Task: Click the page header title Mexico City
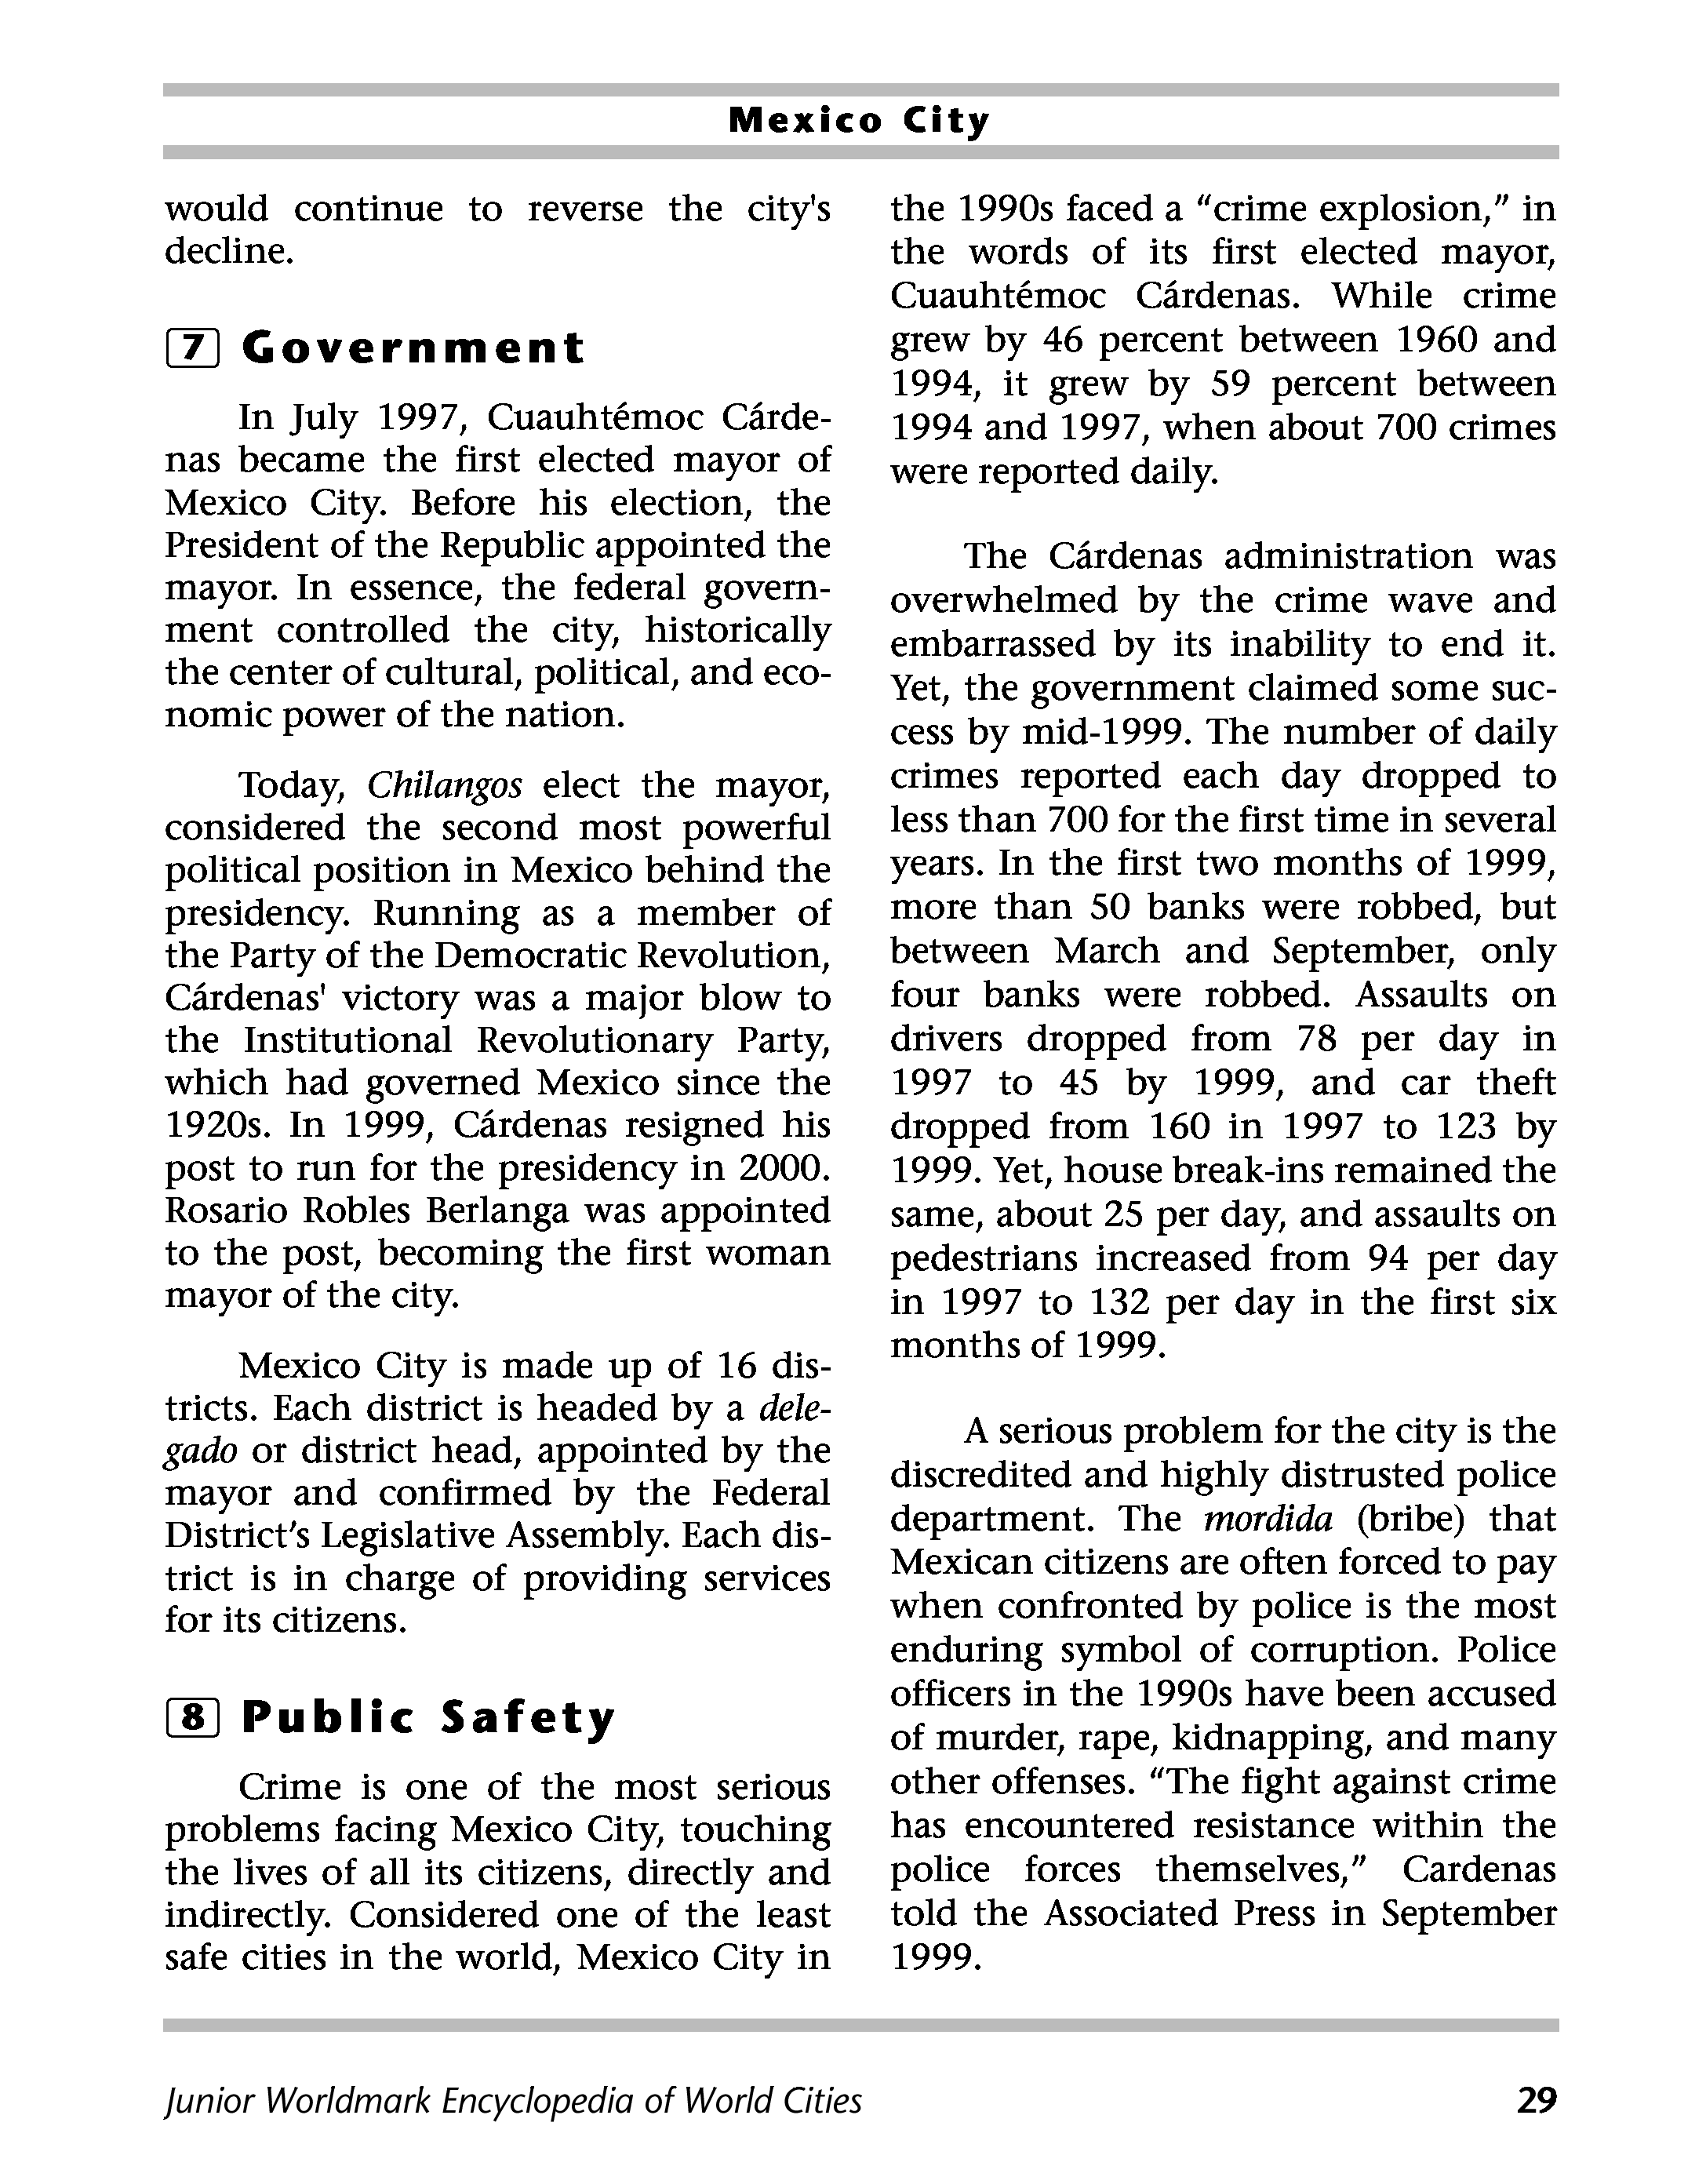[x=859, y=121]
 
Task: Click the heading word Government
[x=413, y=348]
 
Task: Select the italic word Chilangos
[x=445, y=786]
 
